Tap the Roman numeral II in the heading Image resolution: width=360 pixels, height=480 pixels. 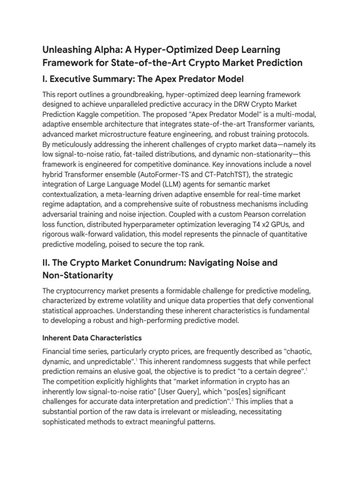(46, 263)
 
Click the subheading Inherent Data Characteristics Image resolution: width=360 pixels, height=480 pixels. (92, 337)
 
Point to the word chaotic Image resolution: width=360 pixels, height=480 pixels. (295, 351)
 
